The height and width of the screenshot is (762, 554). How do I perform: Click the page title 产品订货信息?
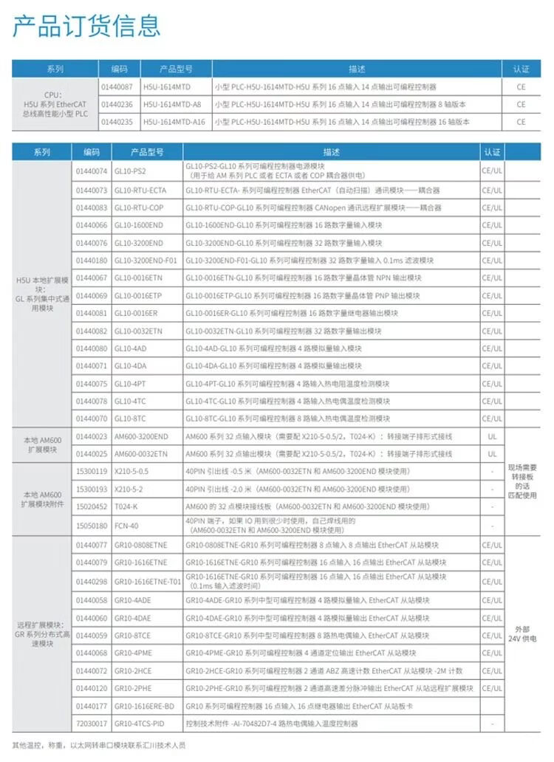coord(86,26)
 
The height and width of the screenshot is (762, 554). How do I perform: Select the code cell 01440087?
coord(116,87)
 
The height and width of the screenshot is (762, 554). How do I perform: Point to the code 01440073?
coord(91,190)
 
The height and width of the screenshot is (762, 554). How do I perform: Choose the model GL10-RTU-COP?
coord(139,207)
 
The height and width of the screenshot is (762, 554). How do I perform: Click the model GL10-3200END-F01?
coord(146,260)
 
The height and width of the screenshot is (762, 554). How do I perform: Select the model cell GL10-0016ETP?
coord(137,295)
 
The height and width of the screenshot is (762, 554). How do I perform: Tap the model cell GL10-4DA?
coord(129,365)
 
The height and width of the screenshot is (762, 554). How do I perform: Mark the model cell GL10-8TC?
coord(129,419)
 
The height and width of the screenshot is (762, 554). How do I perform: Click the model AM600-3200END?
coord(141,436)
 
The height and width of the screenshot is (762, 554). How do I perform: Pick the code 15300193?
coord(91,489)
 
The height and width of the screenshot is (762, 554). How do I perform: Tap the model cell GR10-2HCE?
coord(132,670)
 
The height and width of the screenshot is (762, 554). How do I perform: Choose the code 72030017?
coord(91,723)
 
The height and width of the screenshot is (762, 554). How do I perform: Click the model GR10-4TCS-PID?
coord(140,723)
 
